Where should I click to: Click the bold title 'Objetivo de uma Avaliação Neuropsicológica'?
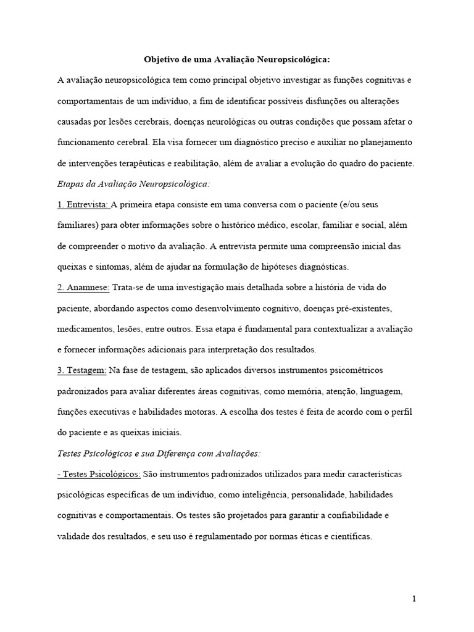pos(237,60)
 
